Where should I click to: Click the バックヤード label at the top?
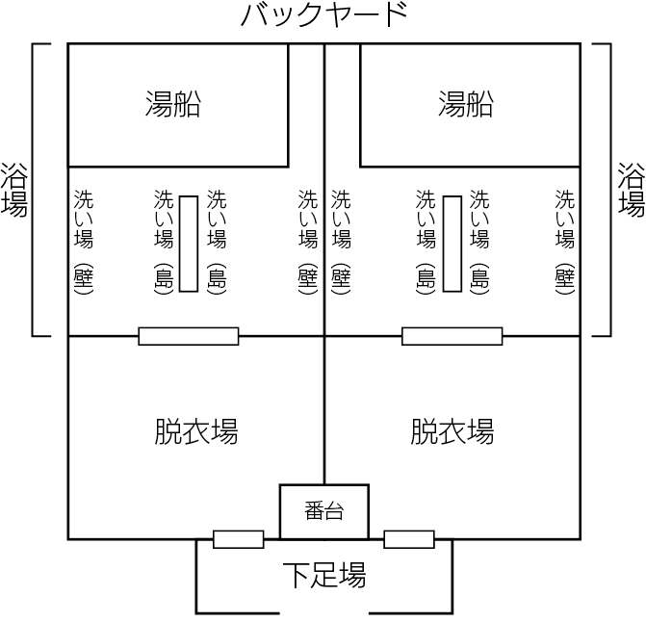tap(324, 15)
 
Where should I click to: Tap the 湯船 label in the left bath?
tap(173, 104)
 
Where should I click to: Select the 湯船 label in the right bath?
tap(465, 104)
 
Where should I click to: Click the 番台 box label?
tap(324, 510)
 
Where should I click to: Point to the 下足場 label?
tap(324, 575)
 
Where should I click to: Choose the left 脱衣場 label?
tap(196, 431)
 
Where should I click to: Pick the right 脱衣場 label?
tap(452, 431)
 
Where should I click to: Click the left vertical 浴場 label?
tap(14, 190)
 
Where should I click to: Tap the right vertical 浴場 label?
tap(632, 190)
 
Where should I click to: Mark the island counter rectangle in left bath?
tap(189, 244)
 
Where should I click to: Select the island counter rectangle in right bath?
tap(452, 244)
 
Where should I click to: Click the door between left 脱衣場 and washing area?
tap(189, 336)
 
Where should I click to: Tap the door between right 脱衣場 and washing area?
tap(452, 336)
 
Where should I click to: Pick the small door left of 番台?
tap(239, 539)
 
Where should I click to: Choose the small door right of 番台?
tap(409, 539)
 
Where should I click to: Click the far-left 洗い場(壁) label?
tap(84, 242)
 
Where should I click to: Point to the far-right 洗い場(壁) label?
tap(564, 242)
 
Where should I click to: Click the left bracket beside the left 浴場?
tap(33, 190)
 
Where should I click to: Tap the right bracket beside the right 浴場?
tap(610, 190)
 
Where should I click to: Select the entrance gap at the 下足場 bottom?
tap(324, 612)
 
